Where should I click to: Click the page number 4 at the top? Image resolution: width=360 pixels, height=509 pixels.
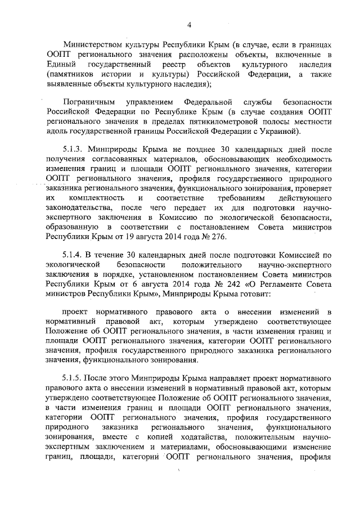pyautogui.click(x=189, y=24)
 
